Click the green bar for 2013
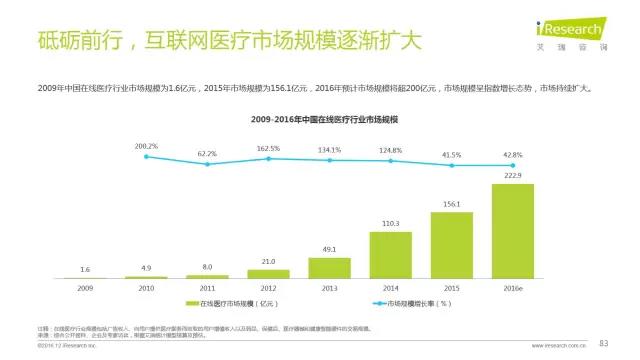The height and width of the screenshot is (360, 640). tap(329, 268)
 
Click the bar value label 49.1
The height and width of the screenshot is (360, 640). tap(329, 249)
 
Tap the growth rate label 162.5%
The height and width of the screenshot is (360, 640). tap(268, 148)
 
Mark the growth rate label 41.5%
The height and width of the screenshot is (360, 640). tap(451, 155)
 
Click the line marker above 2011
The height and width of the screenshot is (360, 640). tap(207, 164)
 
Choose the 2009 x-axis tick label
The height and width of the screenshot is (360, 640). tap(85, 286)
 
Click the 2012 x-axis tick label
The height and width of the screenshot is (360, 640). tap(268, 286)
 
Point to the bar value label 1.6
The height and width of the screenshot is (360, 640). tap(85, 270)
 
